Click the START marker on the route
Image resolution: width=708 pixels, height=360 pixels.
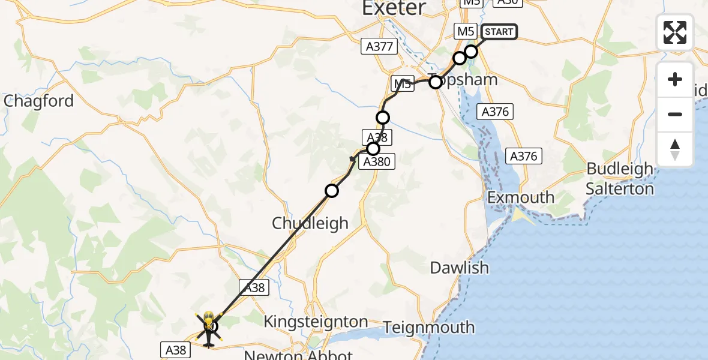pyautogui.click(x=498, y=32)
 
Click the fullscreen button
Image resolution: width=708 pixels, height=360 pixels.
pyautogui.click(x=675, y=32)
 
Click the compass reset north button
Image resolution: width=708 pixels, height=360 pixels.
pyautogui.click(x=675, y=149)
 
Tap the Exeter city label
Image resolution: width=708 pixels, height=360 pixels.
pyautogui.click(x=394, y=8)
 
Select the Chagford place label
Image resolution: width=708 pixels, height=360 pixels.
pyautogui.click(x=38, y=101)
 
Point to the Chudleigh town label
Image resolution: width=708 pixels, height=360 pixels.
pyautogui.click(x=310, y=223)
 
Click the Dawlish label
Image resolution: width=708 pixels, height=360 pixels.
pyautogui.click(x=459, y=268)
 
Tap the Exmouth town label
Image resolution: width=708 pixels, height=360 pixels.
pyautogui.click(x=521, y=197)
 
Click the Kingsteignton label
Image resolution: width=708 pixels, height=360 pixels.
pyautogui.click(x=316, y=322)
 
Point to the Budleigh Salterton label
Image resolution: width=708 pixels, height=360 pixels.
pyautogui.click(x=620, y=179)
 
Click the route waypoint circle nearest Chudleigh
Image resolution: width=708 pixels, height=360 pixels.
pyautogui.click(x=332, y=191)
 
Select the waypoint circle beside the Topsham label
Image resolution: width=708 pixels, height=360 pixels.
pyautogui.click(x=436, y=82)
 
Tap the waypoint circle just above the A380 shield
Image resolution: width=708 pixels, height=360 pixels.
pyautogui.click(x=373, y=148)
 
